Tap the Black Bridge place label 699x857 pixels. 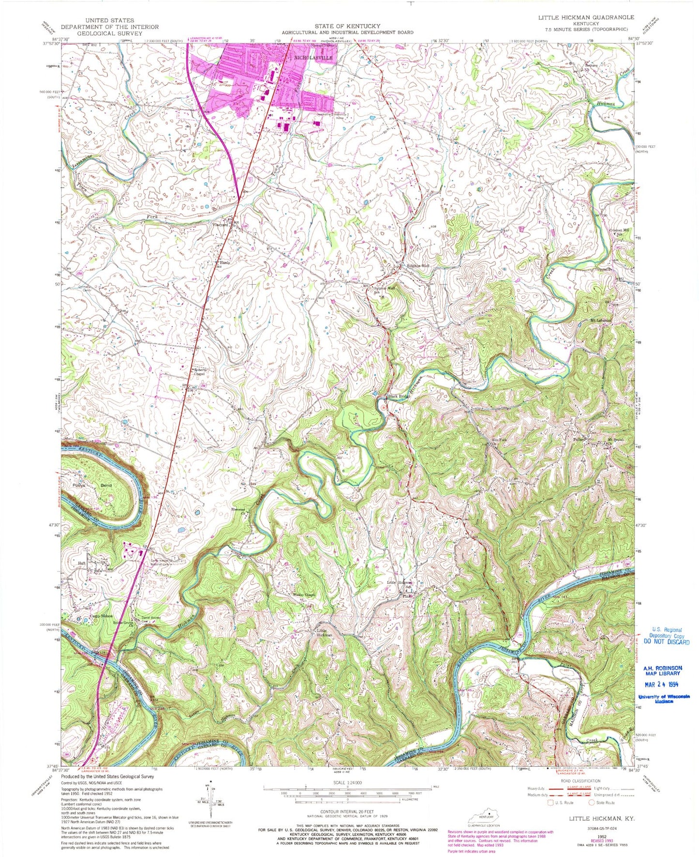[x=399, y=397]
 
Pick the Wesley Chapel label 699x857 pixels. [x=291, y=596]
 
